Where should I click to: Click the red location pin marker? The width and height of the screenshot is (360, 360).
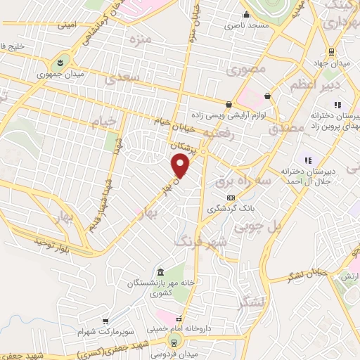[x=181, y=166]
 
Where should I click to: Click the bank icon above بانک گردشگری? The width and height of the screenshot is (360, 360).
[x=231, y=198]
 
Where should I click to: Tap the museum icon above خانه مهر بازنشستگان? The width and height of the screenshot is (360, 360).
[x=161, y=272]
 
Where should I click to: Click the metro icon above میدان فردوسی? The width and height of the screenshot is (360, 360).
[x=173, y=342]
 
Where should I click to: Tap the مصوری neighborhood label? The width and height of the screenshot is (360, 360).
[x=243, y=70]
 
